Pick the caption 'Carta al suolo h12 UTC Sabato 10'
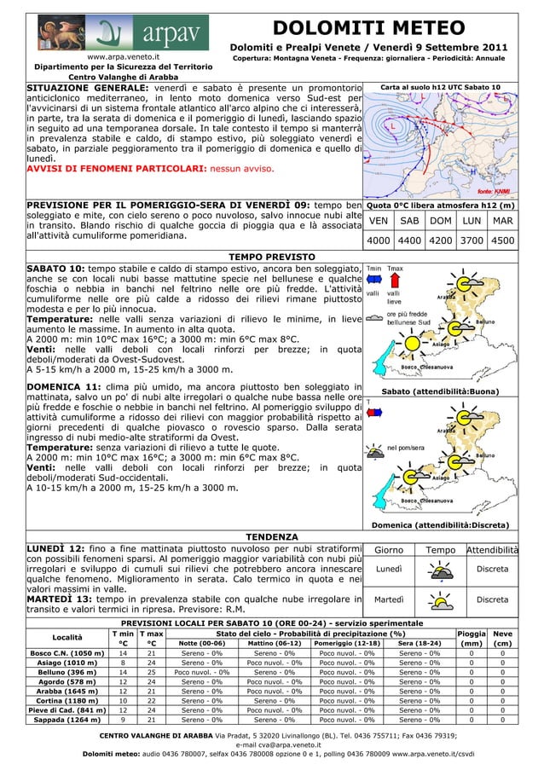[x=440, y=87]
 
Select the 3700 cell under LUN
[x=472, y=240]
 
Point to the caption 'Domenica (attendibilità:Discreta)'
[x=440, y=524]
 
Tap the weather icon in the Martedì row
[x=441, y=602]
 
